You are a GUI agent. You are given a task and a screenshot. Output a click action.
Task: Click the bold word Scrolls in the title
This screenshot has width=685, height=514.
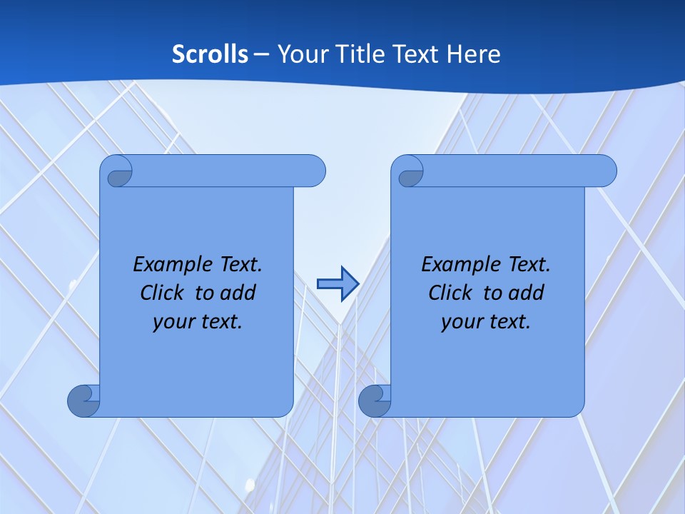210,54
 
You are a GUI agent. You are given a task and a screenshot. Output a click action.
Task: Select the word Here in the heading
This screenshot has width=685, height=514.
474,54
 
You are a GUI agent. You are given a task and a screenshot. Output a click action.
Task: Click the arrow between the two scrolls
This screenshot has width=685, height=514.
338,284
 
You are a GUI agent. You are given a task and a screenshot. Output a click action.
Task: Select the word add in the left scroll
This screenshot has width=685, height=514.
238,293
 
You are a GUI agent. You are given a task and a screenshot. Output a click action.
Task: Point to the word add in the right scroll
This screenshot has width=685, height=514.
527,293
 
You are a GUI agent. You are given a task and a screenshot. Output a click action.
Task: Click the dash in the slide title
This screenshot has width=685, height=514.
261,54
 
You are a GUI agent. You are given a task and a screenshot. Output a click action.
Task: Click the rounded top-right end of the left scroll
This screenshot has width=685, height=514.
314,171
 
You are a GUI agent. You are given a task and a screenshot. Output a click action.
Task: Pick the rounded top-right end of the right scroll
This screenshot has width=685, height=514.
605,171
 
